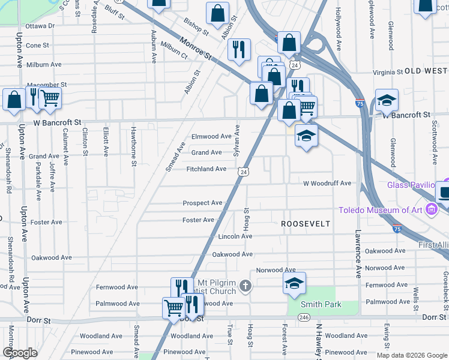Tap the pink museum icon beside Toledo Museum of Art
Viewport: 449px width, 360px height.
click(431, 210)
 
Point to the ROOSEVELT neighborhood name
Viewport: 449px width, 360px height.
click(306, 224)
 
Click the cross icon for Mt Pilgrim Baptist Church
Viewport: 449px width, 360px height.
click(245, 286)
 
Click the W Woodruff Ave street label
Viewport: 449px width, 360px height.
click(327, 184)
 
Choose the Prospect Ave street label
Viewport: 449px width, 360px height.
click(202, 203)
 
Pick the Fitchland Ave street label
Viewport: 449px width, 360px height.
click(206, 169)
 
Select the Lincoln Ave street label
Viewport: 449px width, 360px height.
click(235, 236)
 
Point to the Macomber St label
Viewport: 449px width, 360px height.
click(47, 85)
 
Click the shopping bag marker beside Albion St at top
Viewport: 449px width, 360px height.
click(217, 13)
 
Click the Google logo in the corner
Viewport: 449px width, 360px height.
click(20, 353)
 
